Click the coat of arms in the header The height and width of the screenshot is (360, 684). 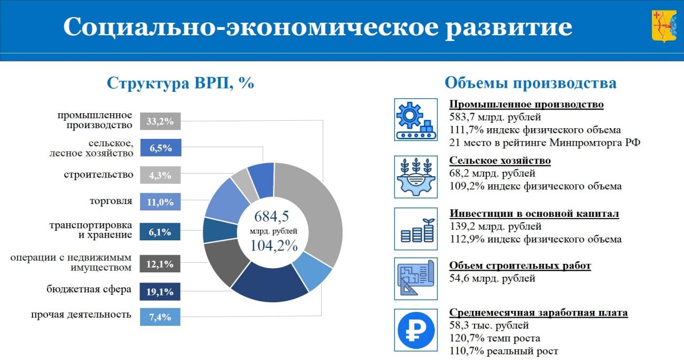664,26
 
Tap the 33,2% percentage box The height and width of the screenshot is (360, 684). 160,121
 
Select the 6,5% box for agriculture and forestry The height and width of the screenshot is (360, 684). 161,147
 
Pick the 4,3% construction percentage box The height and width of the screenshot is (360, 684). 160,175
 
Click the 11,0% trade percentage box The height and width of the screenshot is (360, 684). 160,202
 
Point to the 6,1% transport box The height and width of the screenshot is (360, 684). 160,232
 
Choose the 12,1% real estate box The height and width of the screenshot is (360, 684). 160,264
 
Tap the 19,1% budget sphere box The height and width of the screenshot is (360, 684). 160,292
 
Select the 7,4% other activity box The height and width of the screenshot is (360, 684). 160,317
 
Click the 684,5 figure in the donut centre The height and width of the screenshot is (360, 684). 271,216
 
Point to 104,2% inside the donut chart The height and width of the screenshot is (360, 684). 274,246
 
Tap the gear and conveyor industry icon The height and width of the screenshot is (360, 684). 416,120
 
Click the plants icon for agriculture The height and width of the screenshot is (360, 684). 416,177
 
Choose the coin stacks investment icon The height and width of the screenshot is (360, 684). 416,229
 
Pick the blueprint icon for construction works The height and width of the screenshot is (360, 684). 416,278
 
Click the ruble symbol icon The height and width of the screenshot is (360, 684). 416,330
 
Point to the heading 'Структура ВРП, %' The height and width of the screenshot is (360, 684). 180,83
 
